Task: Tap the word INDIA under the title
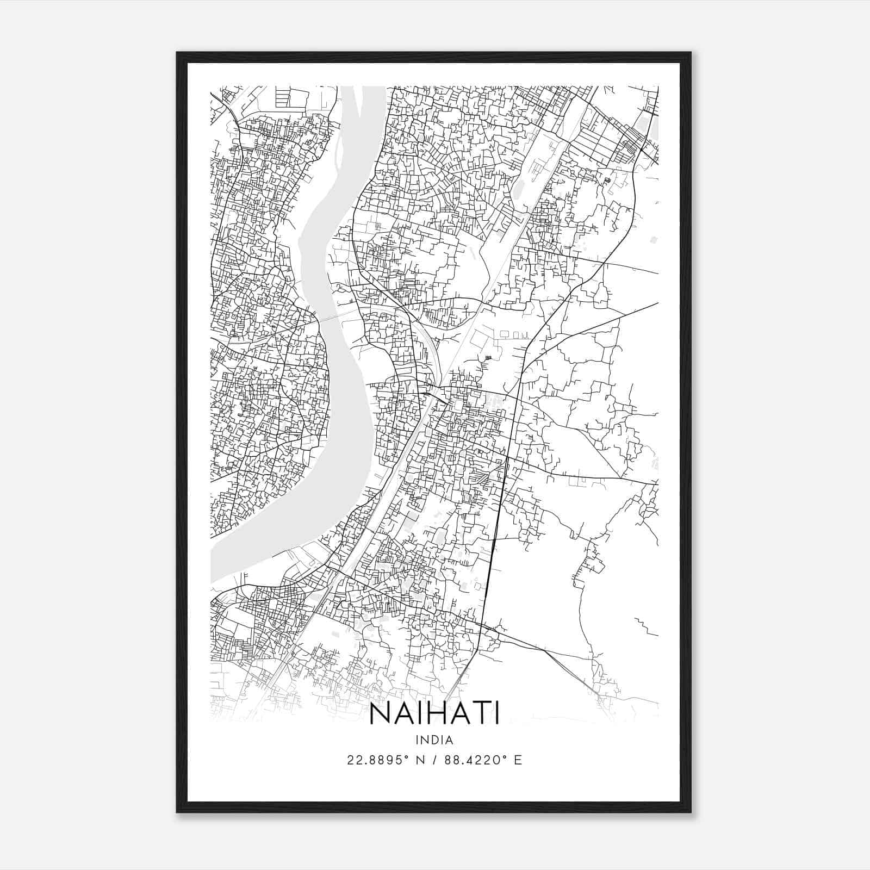point(434,739)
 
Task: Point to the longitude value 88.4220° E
point(483,760)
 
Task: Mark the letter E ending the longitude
point(518,760)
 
